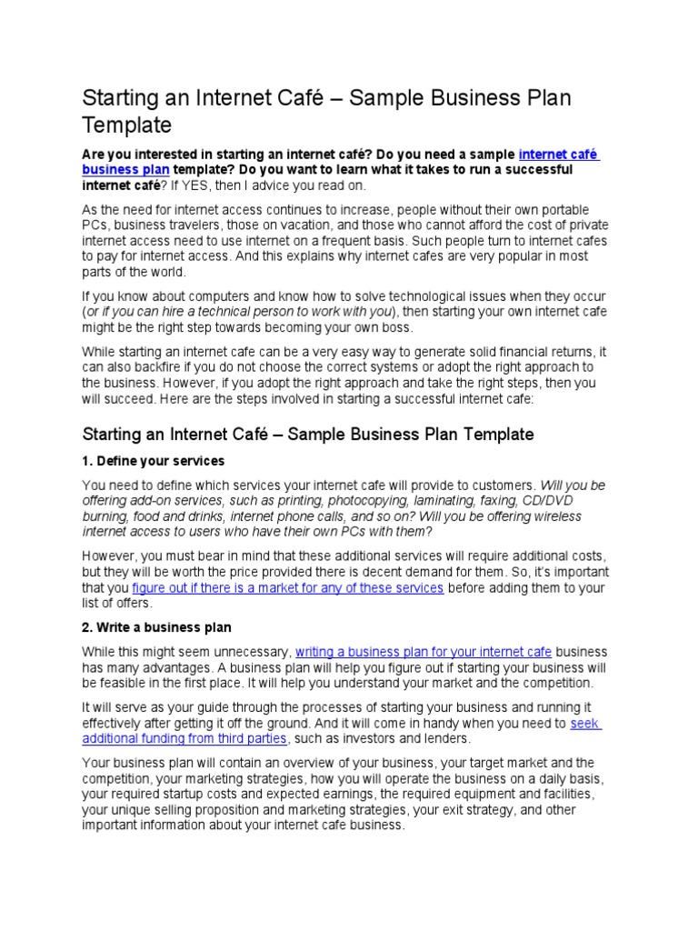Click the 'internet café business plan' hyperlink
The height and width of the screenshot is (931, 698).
(x=558, y=155)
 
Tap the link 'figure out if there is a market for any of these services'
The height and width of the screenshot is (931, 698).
(x=287, y=588)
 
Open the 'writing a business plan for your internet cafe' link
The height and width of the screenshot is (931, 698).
(x=423, y=652)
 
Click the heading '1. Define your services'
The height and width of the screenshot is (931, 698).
(x=153, y=461)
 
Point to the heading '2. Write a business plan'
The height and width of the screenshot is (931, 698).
(x=156, y=627)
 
